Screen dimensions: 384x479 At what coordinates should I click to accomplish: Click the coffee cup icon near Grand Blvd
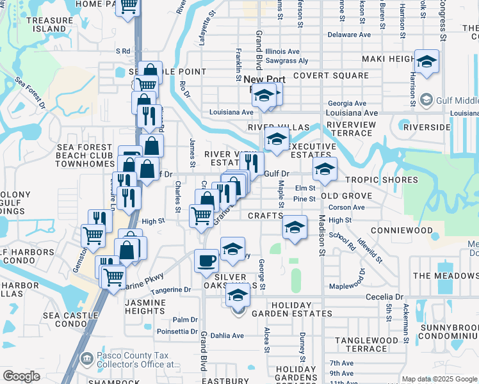point(206,260)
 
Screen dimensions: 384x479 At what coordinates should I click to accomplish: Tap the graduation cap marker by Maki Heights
point(426,61)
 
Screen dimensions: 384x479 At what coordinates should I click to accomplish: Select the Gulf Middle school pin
point(426,100)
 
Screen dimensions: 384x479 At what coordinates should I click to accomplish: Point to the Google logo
point(22,376)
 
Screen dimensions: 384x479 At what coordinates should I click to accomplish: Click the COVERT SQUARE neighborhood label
point(330,76)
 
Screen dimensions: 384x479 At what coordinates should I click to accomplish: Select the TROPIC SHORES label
point(381,180)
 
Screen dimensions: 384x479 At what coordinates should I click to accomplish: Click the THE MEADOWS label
point(446,276)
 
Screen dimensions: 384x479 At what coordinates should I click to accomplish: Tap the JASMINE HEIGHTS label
point(150,306)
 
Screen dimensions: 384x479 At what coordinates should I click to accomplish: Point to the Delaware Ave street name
point(349,35)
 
